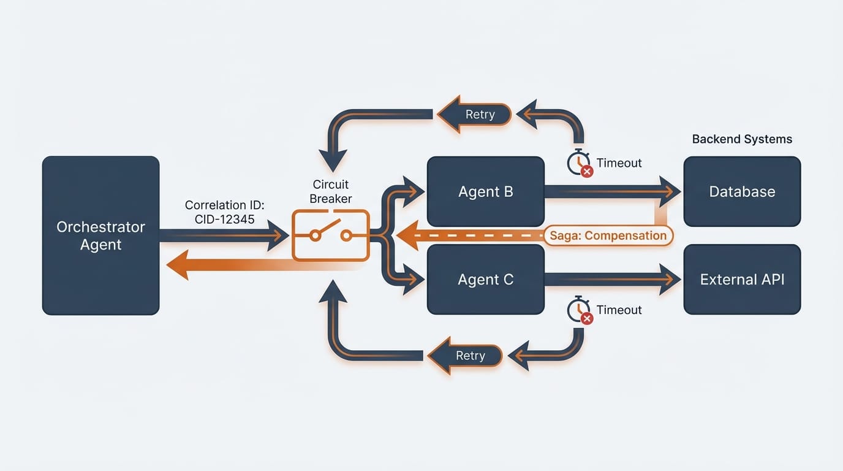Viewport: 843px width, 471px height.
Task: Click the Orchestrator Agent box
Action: (100, 235)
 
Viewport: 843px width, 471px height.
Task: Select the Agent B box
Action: (485, 191)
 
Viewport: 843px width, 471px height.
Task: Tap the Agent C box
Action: (485, 280)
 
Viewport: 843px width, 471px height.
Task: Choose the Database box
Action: (742, 191)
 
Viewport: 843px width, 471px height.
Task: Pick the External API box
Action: (742, 280)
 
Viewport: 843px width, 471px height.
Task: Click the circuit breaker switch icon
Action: (330, 235)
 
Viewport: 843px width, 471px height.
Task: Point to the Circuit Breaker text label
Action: (330, 191)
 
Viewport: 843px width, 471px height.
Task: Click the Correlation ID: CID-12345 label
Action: (224, 212)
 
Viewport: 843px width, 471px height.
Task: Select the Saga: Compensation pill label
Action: (608, 235)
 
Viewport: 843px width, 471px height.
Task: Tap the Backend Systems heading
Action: (742, 139)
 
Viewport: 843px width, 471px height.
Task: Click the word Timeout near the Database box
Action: (619, 163)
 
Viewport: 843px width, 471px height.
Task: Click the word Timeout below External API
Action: (619, 310)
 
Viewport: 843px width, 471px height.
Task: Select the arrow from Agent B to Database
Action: (613, 191)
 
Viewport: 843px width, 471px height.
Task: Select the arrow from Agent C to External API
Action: (613, 280)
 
